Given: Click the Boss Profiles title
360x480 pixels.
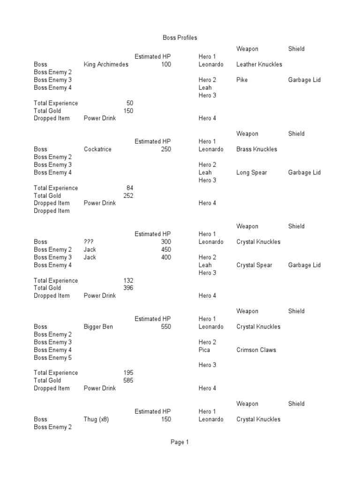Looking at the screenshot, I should coord(180,37).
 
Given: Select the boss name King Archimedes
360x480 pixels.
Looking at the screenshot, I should coord(106,64).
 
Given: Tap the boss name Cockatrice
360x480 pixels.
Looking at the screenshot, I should coord(97,149).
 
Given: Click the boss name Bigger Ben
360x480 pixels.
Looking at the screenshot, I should coord(98,327).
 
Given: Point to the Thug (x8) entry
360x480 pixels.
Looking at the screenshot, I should coord(96,419).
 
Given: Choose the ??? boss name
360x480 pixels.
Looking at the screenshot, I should coord(89,242).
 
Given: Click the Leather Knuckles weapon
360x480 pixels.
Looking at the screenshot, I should coord(259,64).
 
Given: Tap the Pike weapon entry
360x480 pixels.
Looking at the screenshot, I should coord(242,80).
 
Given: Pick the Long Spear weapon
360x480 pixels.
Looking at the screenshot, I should coord(252,172).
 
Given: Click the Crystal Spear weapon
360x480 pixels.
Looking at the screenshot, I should coord(254,265).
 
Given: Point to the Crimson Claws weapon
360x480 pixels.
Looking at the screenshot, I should coord(256,350).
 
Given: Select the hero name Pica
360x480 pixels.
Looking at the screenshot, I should coord(204,350).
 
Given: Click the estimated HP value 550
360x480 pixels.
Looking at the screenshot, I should coord(166,327).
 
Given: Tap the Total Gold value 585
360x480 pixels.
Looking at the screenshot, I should coord(128,381).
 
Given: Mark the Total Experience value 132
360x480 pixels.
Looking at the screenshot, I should coord(128,280).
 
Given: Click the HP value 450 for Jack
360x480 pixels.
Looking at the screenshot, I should coord(166,249).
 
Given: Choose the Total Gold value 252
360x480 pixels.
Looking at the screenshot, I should coord(128,195).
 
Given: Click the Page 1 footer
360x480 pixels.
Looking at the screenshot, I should coord(180,442).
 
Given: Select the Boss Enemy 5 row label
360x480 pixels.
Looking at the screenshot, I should coord(53,358).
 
